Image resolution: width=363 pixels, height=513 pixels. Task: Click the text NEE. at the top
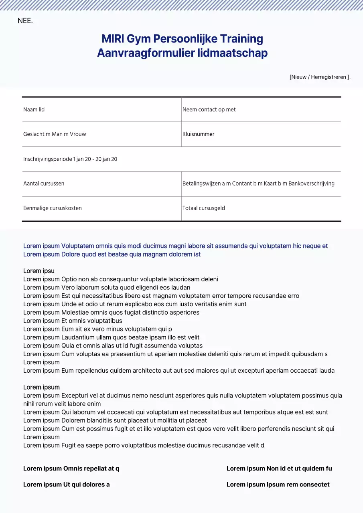tap(25, 21)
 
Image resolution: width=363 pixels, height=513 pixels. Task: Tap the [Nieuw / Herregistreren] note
tap(320, 77)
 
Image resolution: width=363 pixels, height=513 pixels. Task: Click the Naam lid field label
tap(34, 109)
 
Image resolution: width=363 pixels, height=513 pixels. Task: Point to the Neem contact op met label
tap(209, 109)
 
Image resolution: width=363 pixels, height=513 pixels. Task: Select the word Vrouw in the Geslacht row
tap(78, 134)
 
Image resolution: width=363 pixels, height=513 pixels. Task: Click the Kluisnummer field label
tap(198, 134)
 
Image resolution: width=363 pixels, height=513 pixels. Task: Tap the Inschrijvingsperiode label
tap(48, 159)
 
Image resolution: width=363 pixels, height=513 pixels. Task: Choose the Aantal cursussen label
tap(44, 184)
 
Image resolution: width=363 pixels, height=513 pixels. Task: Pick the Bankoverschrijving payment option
tap(311, 184)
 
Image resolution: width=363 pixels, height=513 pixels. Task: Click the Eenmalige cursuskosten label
tap(52, 208)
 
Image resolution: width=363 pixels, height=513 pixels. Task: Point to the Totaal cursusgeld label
tap(203, 208)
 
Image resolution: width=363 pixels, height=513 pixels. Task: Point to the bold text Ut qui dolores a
tap(87, 485)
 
